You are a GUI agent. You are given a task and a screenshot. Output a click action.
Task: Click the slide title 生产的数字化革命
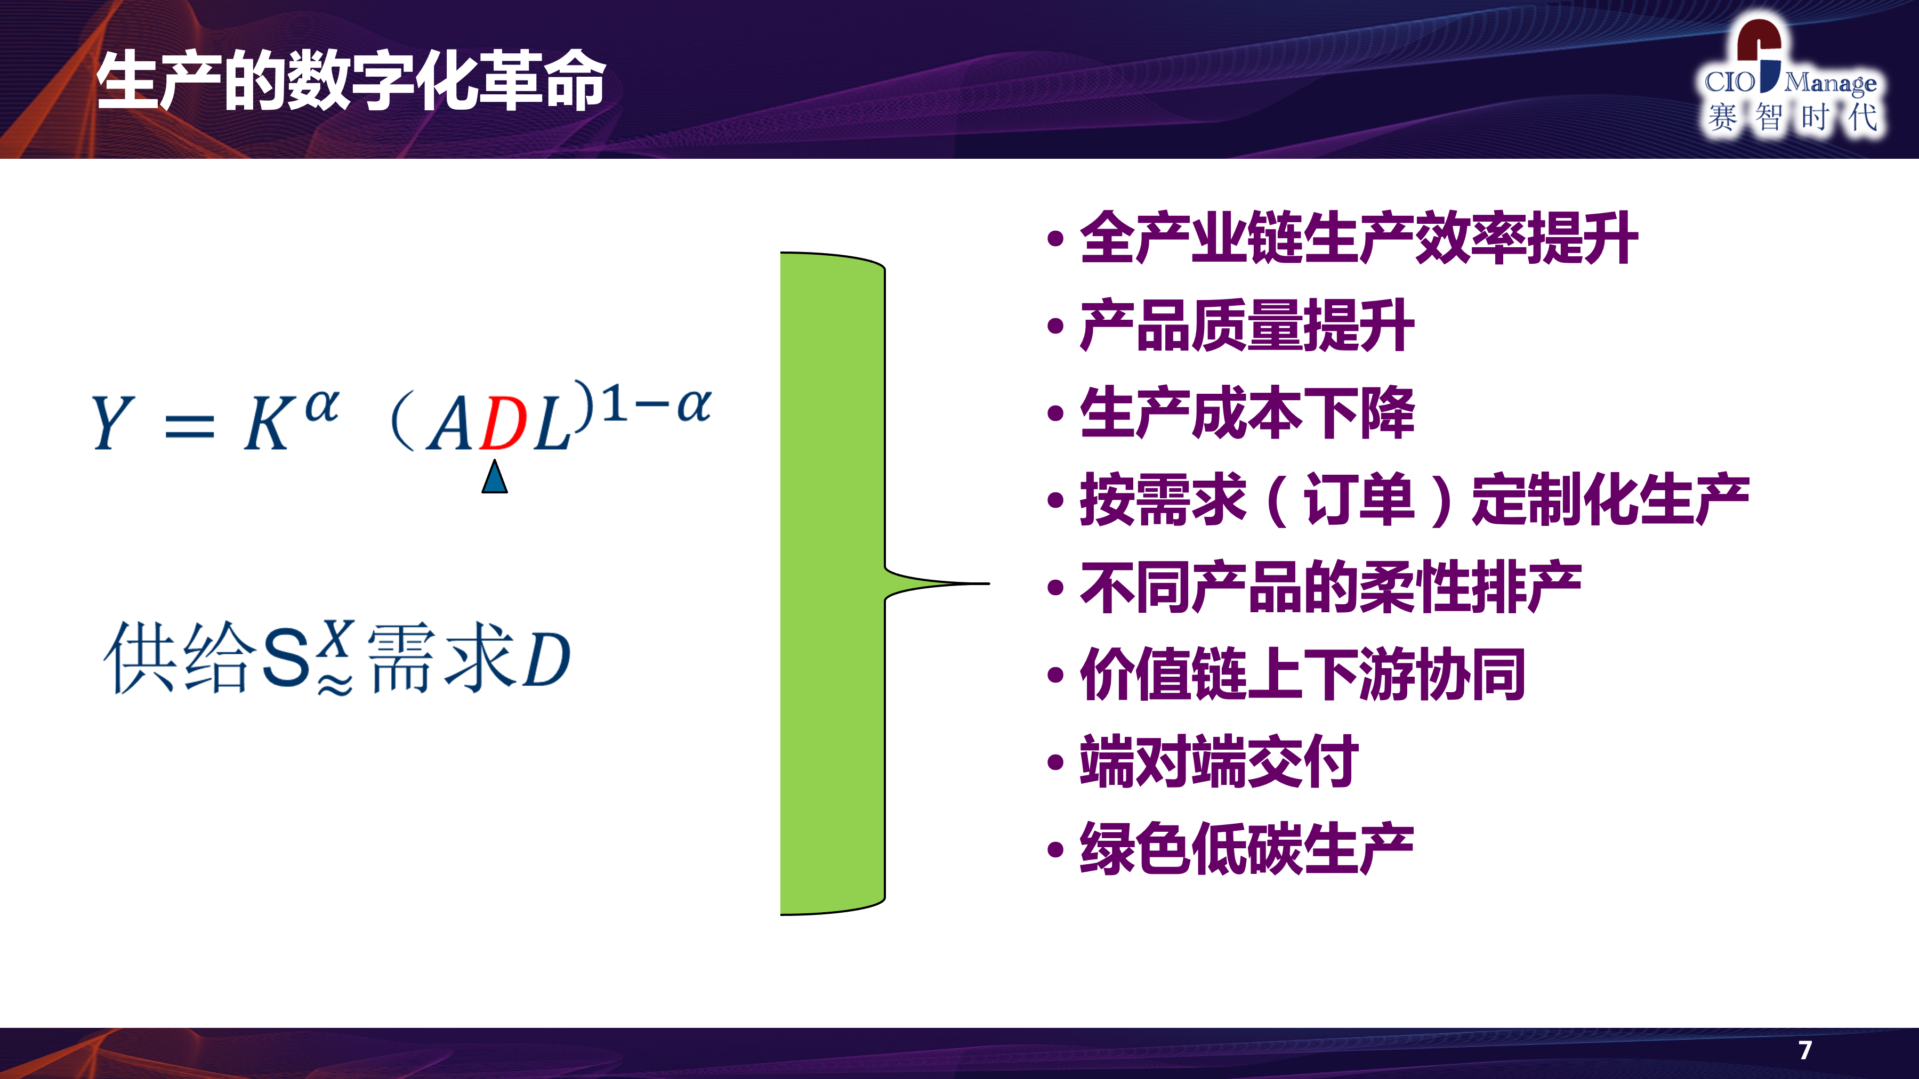(x=351, y=80)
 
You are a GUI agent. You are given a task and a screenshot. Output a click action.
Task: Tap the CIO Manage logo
(x=1792, y=78)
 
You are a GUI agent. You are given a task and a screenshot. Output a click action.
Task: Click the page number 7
(x=1804, y=1050)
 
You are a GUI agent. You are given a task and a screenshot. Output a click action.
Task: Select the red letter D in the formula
(x=504, y=424)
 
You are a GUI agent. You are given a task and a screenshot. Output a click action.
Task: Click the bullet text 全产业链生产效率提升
(x=1359, y=238)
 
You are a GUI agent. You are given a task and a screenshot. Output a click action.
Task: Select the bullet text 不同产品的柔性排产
(x=1331, y=587)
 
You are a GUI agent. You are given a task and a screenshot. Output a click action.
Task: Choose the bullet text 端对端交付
(x=1220, y=761)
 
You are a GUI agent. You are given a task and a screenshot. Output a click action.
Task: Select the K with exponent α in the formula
(x=291, y=420)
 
